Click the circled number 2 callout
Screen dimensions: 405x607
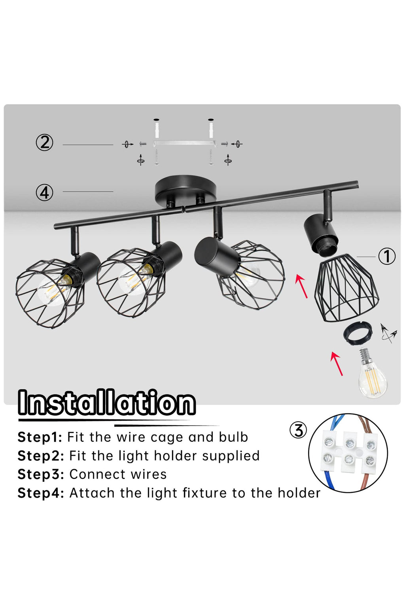(44, 143)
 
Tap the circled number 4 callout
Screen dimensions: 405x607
(44, 193)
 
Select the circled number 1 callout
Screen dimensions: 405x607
(387, 256)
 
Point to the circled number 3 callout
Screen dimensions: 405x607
(298, 430)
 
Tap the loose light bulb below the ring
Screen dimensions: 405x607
(372, 374)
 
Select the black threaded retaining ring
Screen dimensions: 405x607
(357, 334)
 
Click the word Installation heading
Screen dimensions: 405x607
(107, 403)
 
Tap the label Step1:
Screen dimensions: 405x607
(40, 437)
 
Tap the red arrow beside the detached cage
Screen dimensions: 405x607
(302, 286)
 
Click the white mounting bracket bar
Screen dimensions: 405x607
(184, 143)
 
